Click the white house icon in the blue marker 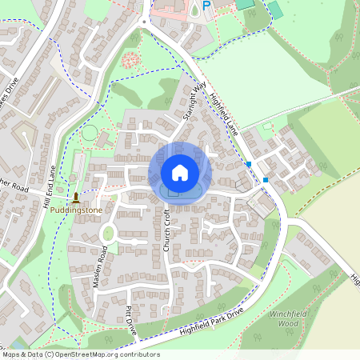pos(180,172)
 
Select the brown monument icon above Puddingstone pos(76,197)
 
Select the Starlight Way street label pos(194,101)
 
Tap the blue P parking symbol pos(206,6)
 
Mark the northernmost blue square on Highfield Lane pos(250,164)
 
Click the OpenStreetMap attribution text pos(80,354)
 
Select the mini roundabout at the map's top pos(144,22)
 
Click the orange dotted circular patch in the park pos(130,61)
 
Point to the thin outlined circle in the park pos(90,133)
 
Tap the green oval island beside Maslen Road pos(108,234)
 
